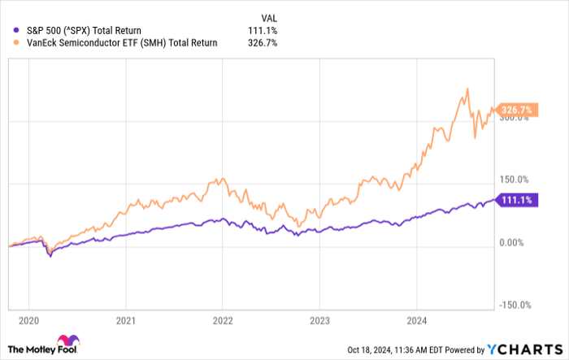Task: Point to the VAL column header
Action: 267,16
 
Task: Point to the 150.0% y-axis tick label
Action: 514,180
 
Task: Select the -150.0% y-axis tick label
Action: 513,306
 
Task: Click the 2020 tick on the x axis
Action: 28,320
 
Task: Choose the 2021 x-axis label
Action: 125,320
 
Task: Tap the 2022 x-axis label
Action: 223,320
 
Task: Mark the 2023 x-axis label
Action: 319,320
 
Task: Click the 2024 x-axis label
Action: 416,320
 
